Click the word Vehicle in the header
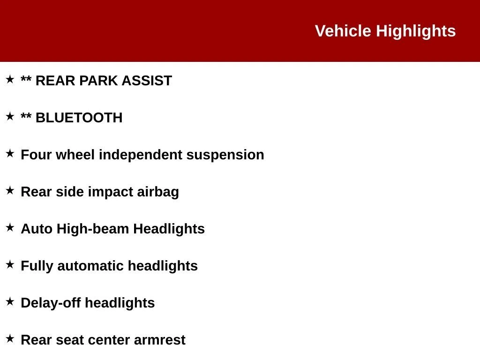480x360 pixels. tap(343, 31)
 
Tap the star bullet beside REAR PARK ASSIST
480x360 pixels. tap(10, 79)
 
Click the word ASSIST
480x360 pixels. tap(147, 81)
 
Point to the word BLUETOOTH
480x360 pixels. tap(79, 118)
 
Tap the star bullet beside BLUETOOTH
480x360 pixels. tap(10, 116)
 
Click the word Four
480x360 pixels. tap(36, 155)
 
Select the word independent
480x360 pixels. tap(141, 155)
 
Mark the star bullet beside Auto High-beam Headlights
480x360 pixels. tap(10, 227)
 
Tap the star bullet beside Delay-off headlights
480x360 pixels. tap(10, 301)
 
